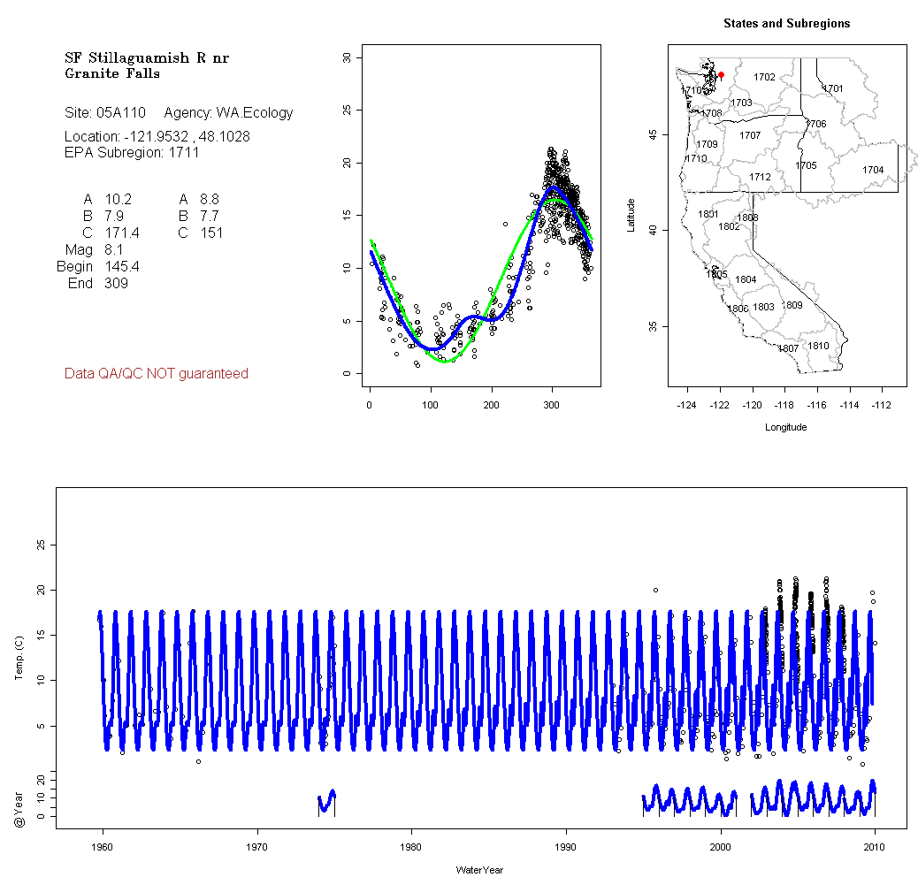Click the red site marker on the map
[x=721, y=75]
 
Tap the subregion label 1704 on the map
[x=873, y=170]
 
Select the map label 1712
[x=760, y=177]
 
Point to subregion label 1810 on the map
[x=818, y=346]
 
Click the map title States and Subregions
[x=786, y=24]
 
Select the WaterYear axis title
[x=479, y=870]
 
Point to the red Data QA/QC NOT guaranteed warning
[x=157, y=374]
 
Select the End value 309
[x=116, y=284]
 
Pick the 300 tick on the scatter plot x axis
[x=552, y=406]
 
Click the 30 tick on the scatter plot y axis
[x=347, y=57]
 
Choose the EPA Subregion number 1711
[x=183, y=152]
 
